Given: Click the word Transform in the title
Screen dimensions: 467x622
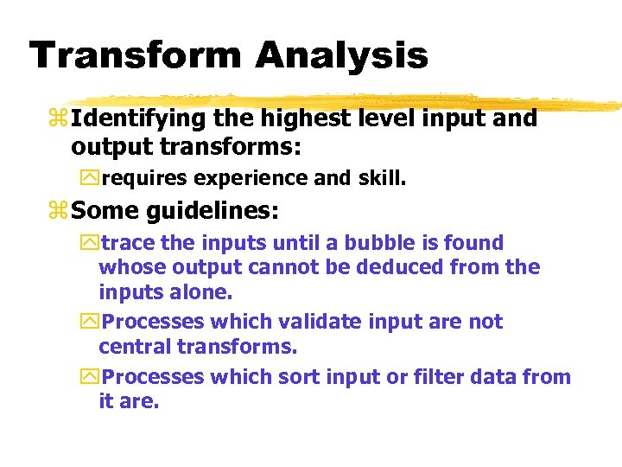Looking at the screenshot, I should [x=135, y=55].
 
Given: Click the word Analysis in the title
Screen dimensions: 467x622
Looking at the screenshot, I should [x=341, y=55].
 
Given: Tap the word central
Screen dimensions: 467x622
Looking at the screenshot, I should [x=137, y=347].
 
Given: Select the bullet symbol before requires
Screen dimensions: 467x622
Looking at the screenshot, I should [x=89, y=178].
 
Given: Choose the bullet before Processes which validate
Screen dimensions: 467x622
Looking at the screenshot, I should [x=89, y=322].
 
